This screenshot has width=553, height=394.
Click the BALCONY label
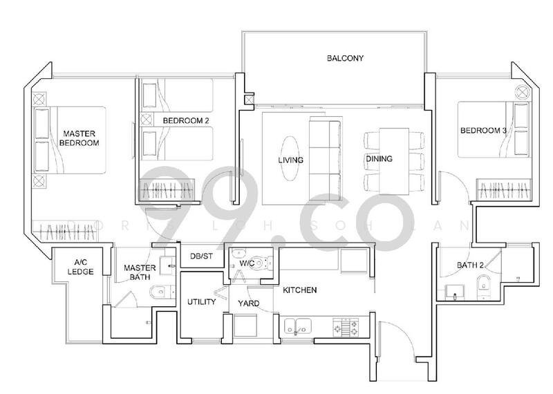point(345,59)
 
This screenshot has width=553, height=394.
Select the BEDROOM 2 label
point(186,120)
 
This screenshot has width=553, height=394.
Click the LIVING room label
point(291,159)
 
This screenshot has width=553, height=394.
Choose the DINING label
point(379,159)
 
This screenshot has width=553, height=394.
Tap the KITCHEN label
point(299,290)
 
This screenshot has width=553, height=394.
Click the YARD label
point(249,303)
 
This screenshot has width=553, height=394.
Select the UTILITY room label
point(202,302)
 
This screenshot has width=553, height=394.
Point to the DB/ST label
point(203,256)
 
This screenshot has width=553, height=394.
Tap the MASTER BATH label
point(138,272)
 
